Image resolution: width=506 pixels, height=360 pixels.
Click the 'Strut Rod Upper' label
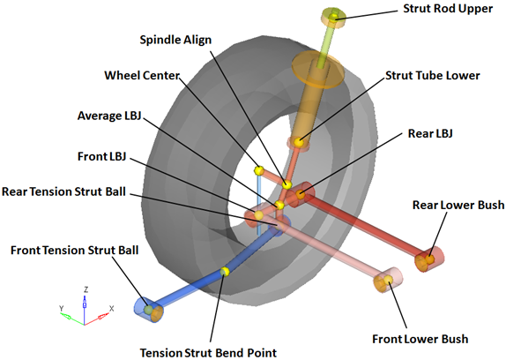[448, 9]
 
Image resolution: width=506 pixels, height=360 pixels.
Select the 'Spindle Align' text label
[175, 40]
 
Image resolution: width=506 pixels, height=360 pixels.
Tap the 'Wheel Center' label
[142, 75]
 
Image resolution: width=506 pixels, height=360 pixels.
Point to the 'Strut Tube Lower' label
[433, 76]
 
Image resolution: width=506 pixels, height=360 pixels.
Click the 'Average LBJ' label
[109, 116]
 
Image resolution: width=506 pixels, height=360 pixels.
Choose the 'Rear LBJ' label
[430, 133]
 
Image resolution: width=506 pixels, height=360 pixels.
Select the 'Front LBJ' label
[101, 156]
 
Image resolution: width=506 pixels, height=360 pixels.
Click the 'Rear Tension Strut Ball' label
[63, 191]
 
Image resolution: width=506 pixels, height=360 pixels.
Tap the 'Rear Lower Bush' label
[458, 205]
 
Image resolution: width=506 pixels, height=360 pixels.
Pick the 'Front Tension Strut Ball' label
[75, 251]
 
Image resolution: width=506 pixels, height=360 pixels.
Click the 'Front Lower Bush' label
[420, 339]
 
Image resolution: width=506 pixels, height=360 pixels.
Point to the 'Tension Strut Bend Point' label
[208, 353]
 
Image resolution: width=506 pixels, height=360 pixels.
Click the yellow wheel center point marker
[259, 170]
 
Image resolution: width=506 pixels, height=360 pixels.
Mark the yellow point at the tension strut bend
[225, 271]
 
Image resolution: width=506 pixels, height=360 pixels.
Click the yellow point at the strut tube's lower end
[299, 142]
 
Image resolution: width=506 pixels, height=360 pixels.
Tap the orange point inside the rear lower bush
[429, 259]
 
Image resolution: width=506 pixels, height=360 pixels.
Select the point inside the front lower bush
[388, 280]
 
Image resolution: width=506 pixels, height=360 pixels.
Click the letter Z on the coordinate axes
[86, 289]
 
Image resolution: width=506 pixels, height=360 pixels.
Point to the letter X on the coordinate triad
[112, 309]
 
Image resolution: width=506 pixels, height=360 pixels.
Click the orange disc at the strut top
[317, 71]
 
